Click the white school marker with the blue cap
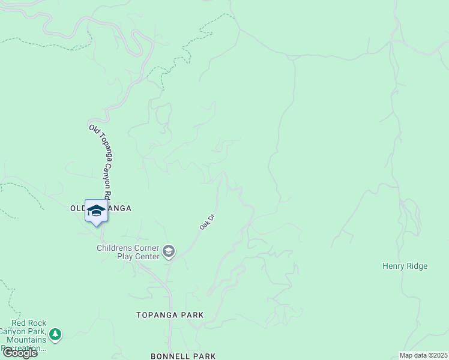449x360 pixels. pos(96,211)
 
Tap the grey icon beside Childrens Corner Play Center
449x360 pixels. pos(169,251)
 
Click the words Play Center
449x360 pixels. pos(138,256)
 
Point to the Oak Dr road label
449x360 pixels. pos(207,223)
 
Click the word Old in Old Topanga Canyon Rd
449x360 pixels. pos(93,129)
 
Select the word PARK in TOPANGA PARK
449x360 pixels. pos(193,315)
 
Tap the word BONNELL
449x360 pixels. pos(170,356)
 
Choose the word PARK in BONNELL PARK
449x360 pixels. pos(205,356)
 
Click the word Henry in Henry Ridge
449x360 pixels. pos(394,266)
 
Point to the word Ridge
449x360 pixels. pos(417,266)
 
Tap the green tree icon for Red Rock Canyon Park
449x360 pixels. pos(55,334)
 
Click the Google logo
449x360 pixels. pos(20,353)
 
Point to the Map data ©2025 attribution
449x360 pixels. pos(423,355)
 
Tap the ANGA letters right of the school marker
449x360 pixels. pos(119,208)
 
